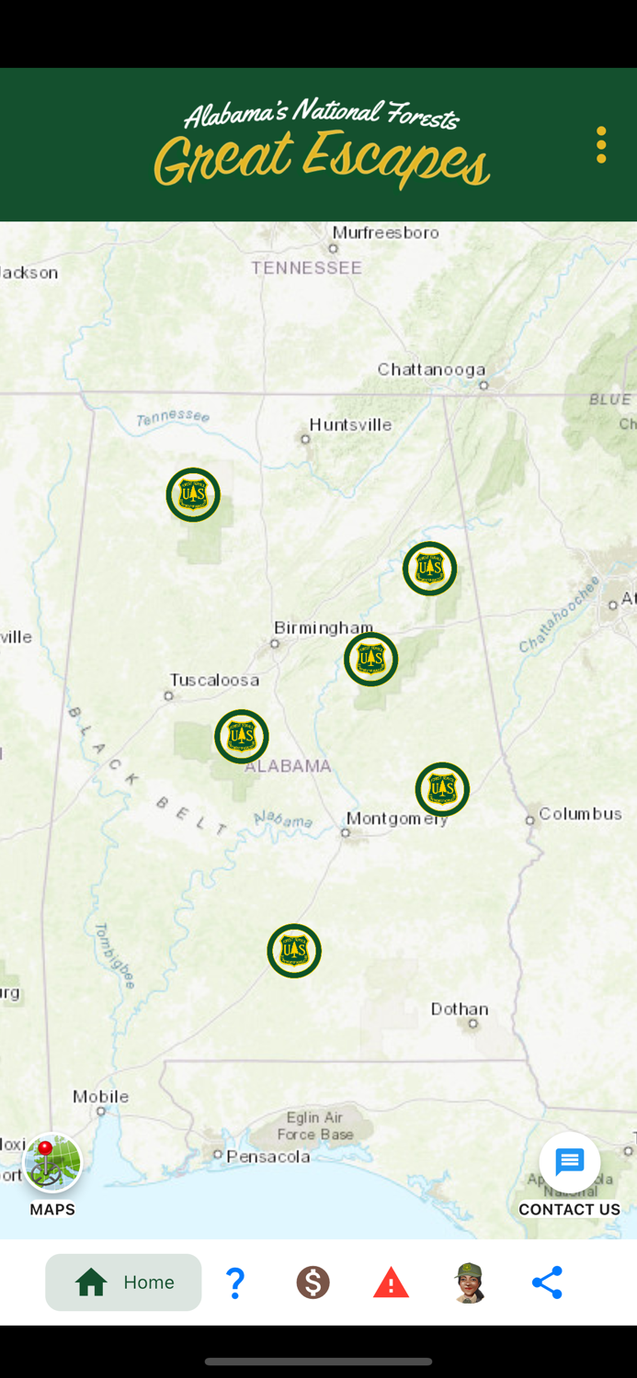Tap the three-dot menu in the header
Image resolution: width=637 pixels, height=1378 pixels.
coord(601,145)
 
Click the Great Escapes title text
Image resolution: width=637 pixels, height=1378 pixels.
coord(322,158)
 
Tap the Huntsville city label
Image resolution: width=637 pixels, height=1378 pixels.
coord(350,424)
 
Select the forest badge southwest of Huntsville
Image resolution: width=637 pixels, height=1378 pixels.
coord(193,495)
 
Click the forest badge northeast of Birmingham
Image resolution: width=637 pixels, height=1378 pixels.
coord(429,569)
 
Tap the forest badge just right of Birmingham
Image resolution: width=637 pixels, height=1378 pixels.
coord(370,659)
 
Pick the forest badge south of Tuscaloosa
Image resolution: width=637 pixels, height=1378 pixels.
coord(242,736)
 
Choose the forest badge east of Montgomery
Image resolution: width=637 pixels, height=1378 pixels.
coord(442,789)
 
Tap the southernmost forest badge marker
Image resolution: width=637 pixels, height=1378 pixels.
coord(294,951)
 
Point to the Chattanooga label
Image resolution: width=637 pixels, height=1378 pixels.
coord(431,369)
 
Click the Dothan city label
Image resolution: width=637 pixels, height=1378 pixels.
coord(460,1009)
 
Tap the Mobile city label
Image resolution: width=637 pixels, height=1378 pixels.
coord(101,1096)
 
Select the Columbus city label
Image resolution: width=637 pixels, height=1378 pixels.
coord(580,813)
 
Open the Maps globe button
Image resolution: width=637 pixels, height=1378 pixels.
coord(52,1163)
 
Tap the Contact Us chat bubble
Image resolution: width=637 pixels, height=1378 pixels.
coord(570,1163)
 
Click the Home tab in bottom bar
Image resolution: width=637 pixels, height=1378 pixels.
coord(123,1282)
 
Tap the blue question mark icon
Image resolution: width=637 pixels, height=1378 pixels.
coord(235,1282)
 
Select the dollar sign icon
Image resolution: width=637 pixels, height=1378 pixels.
coord(313,1282)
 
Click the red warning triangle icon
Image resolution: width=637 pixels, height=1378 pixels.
coord(391,1282)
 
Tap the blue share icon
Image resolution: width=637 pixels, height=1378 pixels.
coord(547,1282)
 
